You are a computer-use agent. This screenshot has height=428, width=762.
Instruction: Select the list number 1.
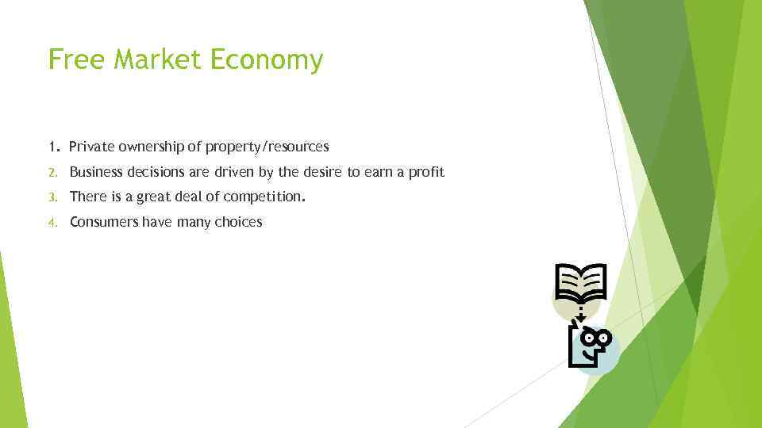click(52, 147)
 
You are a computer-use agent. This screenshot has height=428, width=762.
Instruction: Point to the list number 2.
click(52, 172)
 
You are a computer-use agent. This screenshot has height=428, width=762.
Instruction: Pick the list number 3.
click(52, 197)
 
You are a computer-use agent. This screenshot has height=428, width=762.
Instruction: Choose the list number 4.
click(52, 223)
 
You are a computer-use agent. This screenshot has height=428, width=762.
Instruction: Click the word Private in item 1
click(90, 147)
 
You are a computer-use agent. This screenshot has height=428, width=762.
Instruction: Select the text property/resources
click(266, 147)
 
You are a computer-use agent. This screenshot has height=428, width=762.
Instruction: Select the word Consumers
click(104, 223)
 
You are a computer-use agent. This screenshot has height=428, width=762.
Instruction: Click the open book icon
click(580, 284)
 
